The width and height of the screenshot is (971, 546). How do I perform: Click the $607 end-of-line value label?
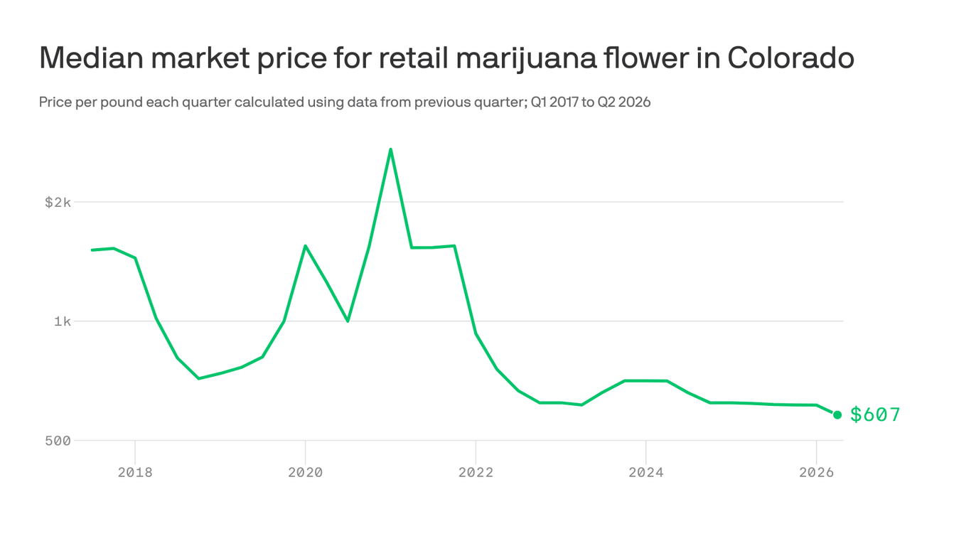pos(875,414)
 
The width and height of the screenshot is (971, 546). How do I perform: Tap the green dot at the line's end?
pos(837,414)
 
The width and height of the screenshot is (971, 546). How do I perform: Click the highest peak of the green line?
pos(390,149)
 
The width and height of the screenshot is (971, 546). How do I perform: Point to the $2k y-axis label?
pos(58,203)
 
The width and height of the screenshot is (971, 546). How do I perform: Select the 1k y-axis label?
pos(62,321)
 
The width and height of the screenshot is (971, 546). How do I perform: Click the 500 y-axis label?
pos(58,441)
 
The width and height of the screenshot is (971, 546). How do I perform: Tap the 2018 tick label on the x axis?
pos(135,472)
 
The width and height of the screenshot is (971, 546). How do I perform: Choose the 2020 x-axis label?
pos(305,472)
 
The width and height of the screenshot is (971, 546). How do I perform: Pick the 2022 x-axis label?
pos(476,472)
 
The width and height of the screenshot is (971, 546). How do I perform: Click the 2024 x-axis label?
pos(645,472)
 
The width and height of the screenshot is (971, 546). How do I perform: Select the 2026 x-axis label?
pos(816,472)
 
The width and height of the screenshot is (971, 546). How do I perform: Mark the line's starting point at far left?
pos(92,250)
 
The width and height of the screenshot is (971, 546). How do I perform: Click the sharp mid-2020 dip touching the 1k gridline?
pos(348,321)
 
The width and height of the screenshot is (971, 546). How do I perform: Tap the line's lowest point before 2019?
pos(198,378)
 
